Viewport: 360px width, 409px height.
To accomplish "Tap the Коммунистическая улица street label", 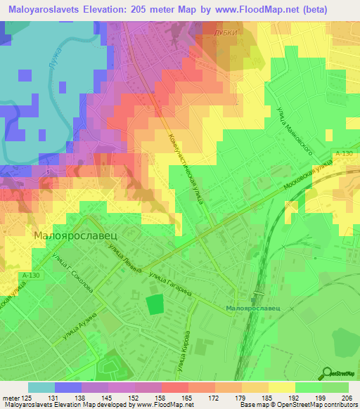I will [185, 169].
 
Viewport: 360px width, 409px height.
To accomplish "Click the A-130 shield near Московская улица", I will [344, 153].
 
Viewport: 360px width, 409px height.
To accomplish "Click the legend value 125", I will [22, 397].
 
